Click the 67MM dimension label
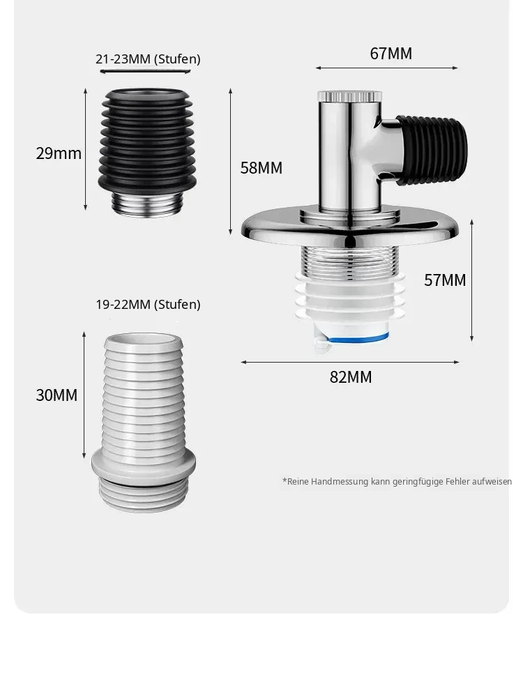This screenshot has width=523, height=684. click(x=391, y=54)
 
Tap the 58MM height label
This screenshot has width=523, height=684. click(x=261, y=168)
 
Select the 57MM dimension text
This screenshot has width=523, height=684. click(x=445, y=280)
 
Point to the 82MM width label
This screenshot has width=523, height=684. click(x=351, y=377)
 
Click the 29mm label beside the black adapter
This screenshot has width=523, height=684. click(x=59, y=153)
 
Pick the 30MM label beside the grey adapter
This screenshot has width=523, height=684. click(x=56, y=395)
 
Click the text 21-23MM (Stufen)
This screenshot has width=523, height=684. click(x=148, y=59)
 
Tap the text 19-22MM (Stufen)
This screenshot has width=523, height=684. click(x=148, y=304)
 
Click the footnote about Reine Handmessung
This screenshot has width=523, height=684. click(x=397, y=482)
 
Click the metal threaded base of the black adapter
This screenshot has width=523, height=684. click(x=147, y=204)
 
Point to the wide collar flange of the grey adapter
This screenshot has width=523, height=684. click(x=144, y=466)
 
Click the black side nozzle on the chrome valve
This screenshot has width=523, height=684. click(x=432, y=150)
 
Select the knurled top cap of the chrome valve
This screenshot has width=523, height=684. click(x=349, y=96)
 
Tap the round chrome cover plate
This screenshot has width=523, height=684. click(x=350, y=225)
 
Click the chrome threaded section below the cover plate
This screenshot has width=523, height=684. click(x=349, y=261)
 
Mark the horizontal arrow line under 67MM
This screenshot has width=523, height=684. click(x=386, y=68)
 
